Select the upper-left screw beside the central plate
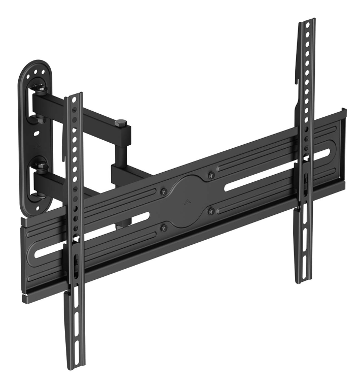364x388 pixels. pos(163,192)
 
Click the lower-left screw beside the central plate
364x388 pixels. pos(163,228)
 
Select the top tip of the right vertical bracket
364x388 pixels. pos(308,21)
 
